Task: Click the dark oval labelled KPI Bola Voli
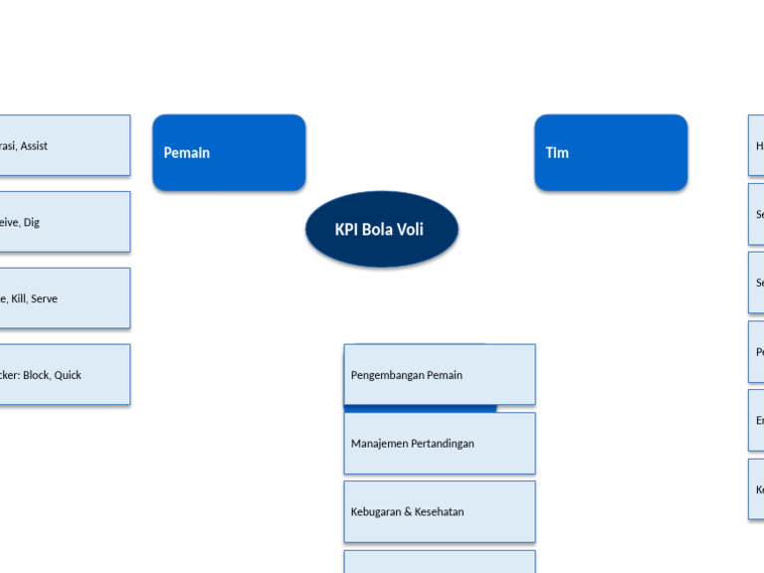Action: tap(382, 229)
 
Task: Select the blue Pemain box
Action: tap(229, 152)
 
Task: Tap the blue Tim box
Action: tap(611, 152)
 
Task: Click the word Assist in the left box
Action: tap(34, 146)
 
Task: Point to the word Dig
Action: tap(32, 223)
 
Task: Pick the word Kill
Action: tap(18, 298)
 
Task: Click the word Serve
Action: tap(44, 298)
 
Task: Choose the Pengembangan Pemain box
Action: tap(440, 374)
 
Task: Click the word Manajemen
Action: tap(379, 444)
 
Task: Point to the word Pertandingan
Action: tap(443, 444)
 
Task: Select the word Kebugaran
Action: tap(376, 512)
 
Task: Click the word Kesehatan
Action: tap(439, 512)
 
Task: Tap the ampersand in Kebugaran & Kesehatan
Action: tap(407, 512)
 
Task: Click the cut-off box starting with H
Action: tap(757, 145)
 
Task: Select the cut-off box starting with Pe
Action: tap(757, 352)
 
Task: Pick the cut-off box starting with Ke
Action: tap(757, 489)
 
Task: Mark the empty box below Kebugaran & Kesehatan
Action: tap(440, 562)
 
